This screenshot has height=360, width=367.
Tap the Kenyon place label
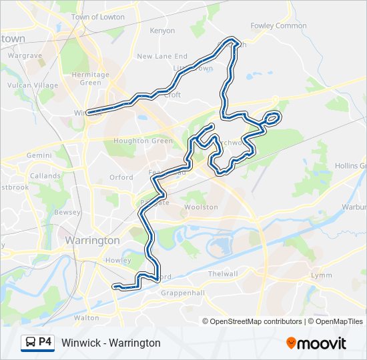pyautogui.click(x=162, y=31)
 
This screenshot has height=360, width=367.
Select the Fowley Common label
pyautogui.click(x=278, y=26)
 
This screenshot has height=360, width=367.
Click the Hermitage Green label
pyautogui.click(x=90, y=79)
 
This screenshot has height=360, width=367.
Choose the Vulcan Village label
pyautogui.click(x=33, y=85)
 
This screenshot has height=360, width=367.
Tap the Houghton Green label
pyautogui.click(x=137, y=141)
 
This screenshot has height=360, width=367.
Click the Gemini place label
pyautogui.click(x=39, y=155)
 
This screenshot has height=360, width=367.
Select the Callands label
pyautogui.click(x=45, y=176)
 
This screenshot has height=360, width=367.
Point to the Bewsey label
pyautogui.click(x=68, y=212)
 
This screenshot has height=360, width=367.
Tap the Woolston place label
pyautogui.click(x=202, y=207)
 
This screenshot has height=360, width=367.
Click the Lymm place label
pyautogui.click(x=320, y=275)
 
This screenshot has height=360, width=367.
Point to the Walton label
pyautogui.click(x=86, y=318)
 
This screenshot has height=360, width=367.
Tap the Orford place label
pyautogui.click(x=121, y=177)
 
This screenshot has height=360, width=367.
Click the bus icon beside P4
pyautogui.click(x=30, y=343)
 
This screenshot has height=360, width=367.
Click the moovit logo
pyautogui.click(x=316, y=343)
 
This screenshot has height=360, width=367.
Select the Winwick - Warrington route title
pyautogui.click(x=111, y=343)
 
